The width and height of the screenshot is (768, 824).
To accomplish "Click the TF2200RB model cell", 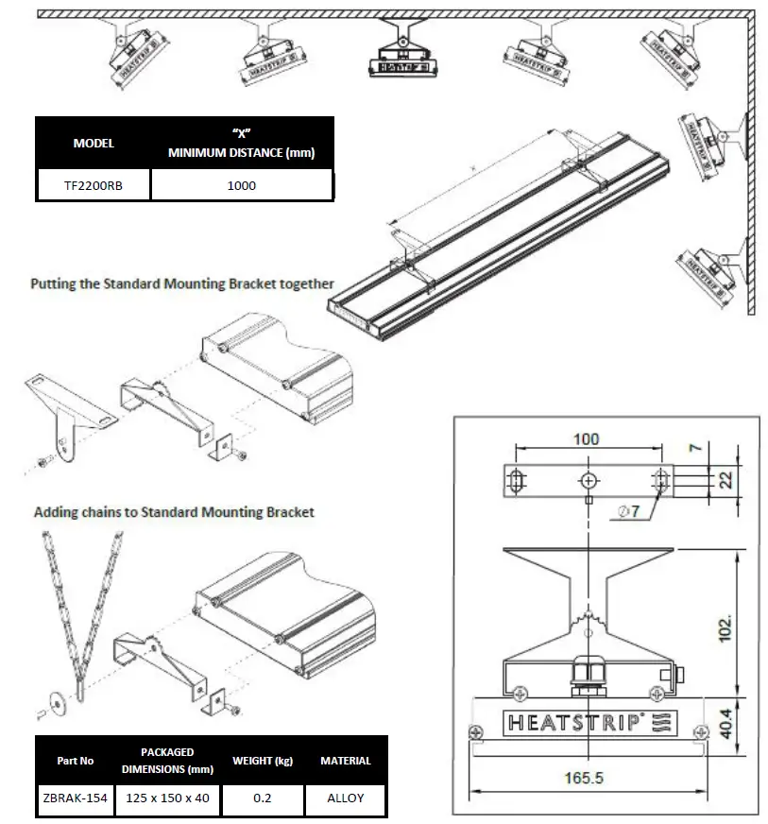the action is [x=93, y=186].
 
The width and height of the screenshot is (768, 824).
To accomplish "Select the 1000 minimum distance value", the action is [x=241, y=186].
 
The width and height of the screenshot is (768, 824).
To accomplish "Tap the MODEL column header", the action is [x=93, y=144].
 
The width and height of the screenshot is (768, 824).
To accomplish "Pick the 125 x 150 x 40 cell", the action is [x=167, y=798].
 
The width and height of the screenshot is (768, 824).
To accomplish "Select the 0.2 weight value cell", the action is [x=263, y=798].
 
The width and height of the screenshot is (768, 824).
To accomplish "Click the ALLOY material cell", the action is [x=345, y=798].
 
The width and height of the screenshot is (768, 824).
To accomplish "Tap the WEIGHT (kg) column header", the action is [x=263, y=761].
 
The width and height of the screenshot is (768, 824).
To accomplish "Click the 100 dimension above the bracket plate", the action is [x=587, y=440].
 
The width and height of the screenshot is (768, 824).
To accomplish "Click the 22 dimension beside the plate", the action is [x=725, y=479].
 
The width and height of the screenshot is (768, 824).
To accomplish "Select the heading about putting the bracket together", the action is [x=181, y=283].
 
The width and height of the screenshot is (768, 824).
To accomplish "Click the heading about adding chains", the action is [x=174, y=512].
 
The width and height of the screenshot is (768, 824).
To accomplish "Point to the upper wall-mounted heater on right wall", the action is [x=713, y=142].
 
